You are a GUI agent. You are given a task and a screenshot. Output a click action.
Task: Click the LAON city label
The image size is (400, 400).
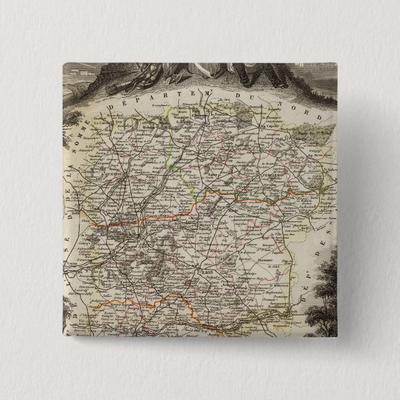point(207,271)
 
